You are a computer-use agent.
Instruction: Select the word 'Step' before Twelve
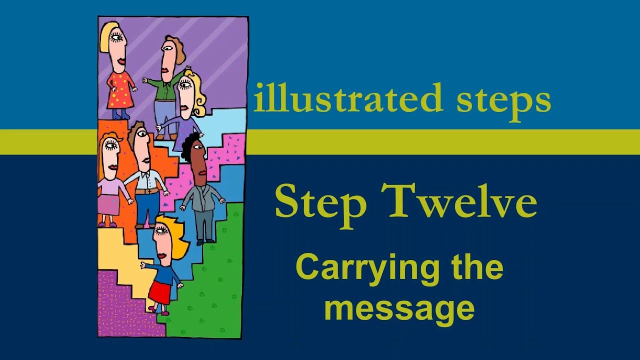[320, 202]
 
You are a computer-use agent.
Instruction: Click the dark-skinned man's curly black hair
[190, 144]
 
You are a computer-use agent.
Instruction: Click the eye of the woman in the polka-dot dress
[116, 36]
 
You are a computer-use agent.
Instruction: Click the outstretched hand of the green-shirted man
[144, 79]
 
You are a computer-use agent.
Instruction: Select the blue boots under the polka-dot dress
[120, 114]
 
